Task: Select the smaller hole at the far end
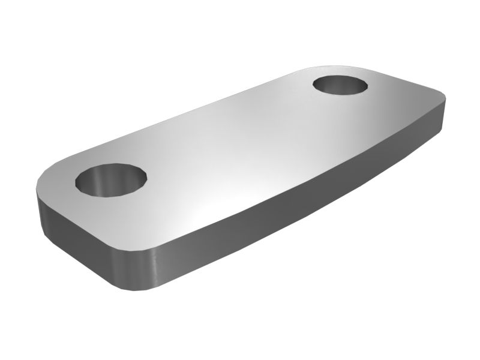click(341, 85)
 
